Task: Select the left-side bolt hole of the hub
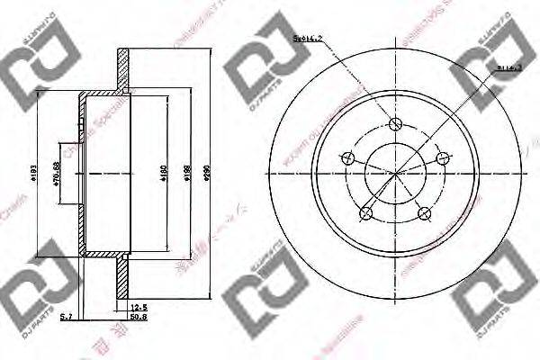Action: tap(348, 158)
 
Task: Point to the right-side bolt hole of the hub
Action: tap(441, 158)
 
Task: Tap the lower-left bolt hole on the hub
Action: tap(366, 213)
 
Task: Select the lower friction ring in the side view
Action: tap(123, 274)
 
